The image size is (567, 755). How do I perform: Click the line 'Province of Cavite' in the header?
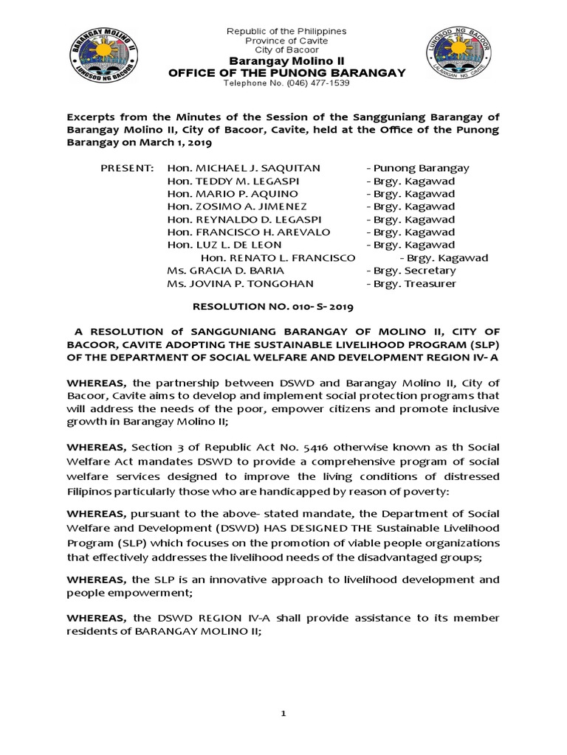pos(286,41)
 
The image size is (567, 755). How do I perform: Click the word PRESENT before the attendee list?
pos(127,168)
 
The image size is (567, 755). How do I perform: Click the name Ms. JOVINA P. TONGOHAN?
pos(240,284)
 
